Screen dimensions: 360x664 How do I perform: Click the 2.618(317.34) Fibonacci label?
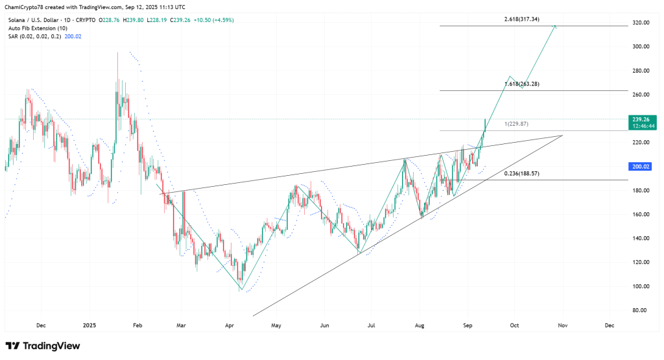527,19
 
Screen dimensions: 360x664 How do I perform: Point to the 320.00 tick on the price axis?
641,23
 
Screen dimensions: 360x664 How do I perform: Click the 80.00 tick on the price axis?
641,310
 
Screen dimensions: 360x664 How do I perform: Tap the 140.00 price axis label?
641,238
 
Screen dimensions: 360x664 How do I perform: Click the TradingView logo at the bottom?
43,346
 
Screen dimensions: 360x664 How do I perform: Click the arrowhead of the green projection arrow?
555,26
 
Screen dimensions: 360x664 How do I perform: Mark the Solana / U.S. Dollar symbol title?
32,20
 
